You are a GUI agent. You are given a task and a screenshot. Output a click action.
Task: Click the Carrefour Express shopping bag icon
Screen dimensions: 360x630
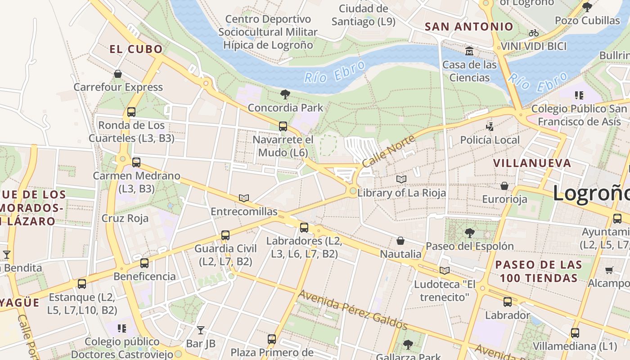(118, 74)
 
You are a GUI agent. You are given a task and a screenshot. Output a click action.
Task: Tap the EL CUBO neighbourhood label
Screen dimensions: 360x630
(136, 49)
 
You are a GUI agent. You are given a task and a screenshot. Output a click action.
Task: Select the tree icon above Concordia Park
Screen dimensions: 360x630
(285, 94)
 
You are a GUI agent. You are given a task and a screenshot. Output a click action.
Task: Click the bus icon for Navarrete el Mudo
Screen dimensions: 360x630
(283, 126)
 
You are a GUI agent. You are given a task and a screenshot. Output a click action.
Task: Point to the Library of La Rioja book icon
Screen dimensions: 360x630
(401, 180)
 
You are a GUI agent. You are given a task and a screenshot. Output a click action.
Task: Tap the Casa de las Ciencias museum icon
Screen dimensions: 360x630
(469, 51)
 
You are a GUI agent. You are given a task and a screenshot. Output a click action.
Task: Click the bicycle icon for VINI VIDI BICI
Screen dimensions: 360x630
(534, 33)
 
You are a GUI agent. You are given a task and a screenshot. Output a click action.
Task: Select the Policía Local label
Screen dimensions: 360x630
(490, 140)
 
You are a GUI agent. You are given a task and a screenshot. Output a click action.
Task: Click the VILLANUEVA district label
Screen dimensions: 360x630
(532, 163)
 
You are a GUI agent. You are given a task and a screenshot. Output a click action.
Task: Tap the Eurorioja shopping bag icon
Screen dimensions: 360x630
(504, 186)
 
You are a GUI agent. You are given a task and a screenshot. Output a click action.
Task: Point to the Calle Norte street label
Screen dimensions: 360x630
(388, 152)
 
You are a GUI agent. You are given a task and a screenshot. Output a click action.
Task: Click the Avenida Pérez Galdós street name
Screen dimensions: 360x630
(353, 310)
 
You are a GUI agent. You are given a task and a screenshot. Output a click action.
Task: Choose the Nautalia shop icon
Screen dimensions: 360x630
(400, 241)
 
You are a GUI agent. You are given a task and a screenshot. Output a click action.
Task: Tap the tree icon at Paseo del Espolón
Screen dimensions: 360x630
(469, 233)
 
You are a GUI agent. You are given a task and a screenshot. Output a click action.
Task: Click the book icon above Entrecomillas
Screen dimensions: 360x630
(244, 198)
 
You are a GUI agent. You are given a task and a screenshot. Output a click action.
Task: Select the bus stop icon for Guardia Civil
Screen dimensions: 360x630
(225, 235)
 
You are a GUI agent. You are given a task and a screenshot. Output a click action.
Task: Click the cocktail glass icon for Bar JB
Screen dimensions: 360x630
(201, 330)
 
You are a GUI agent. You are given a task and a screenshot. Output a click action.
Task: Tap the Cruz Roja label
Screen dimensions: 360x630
(125, 218)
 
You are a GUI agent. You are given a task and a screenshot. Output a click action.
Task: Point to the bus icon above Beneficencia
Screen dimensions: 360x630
(144, 263)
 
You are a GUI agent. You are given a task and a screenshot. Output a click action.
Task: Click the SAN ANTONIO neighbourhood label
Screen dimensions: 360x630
(469, 27)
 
